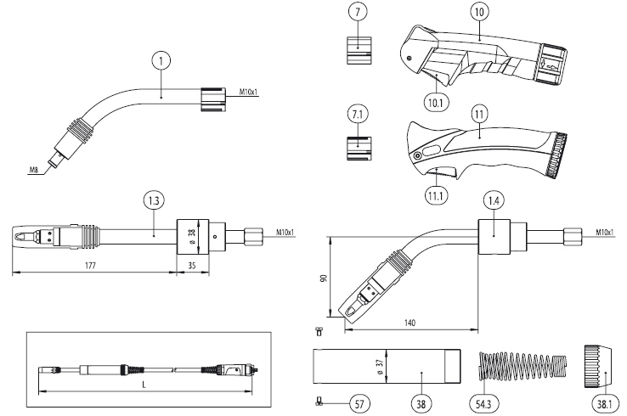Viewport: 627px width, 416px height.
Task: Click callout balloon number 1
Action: tap(161, 61)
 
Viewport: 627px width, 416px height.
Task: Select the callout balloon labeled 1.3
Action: tap(153, 202)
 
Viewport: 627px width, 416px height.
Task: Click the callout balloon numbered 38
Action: tap(419, 403)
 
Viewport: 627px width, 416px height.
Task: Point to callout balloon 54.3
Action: tap(483, 403)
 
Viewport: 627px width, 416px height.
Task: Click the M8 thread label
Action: tap(33, 171)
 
